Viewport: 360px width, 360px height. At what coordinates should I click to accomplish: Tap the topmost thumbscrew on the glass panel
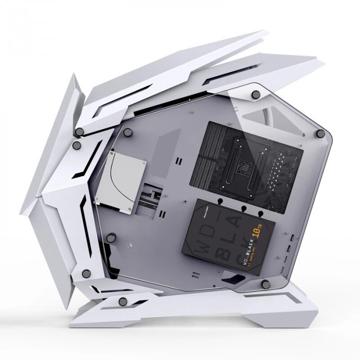coord(256,94)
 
